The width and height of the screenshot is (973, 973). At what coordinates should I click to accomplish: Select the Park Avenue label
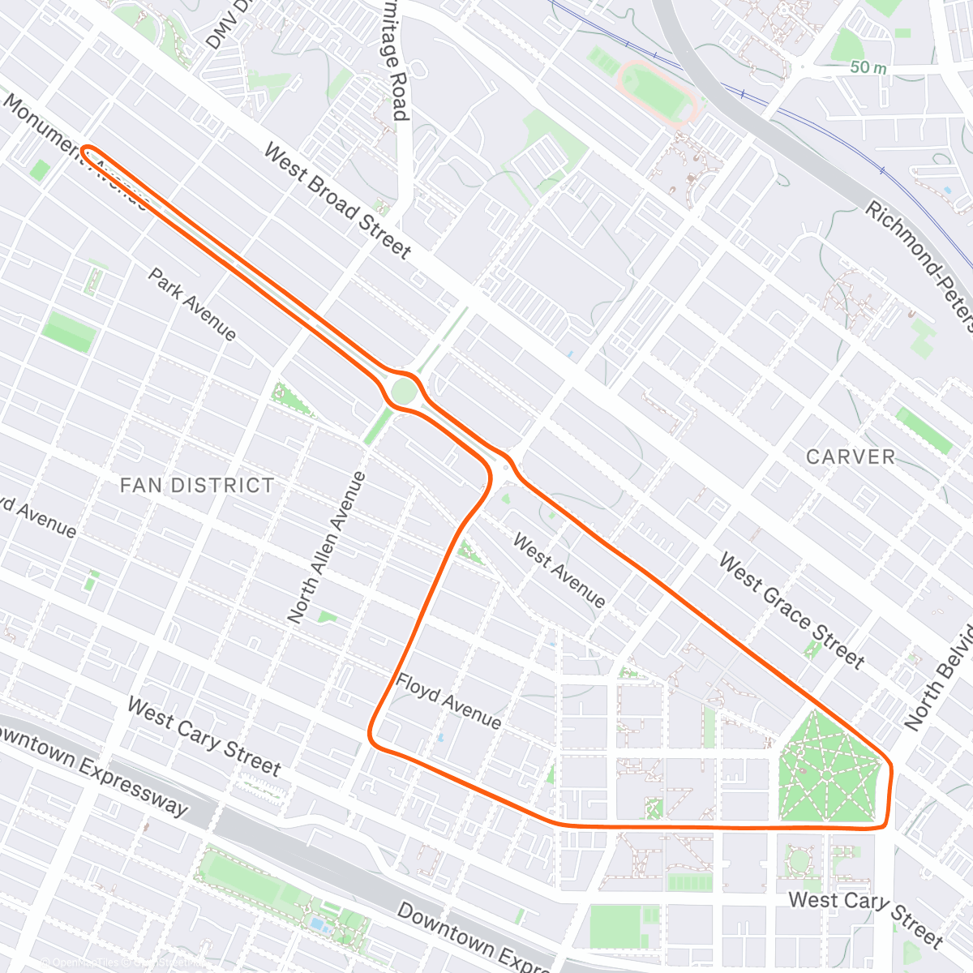coord(192,305)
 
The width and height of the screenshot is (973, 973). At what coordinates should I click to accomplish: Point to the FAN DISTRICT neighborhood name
coord(197,485)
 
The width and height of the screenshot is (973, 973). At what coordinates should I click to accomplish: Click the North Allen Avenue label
coord(327,547)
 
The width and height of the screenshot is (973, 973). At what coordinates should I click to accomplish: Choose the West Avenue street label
coord(559,571)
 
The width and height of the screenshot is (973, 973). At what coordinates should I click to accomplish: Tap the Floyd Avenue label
coord(448,701)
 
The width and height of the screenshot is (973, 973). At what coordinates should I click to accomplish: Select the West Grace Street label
coord(791,611)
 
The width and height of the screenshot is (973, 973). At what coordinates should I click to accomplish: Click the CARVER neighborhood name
coord(850,456)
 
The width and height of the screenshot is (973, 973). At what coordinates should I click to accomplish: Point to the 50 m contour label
coord(868,67)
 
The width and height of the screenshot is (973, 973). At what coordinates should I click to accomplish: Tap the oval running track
coord(656,92)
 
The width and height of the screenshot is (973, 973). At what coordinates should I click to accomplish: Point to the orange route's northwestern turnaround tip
coord(86,149)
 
